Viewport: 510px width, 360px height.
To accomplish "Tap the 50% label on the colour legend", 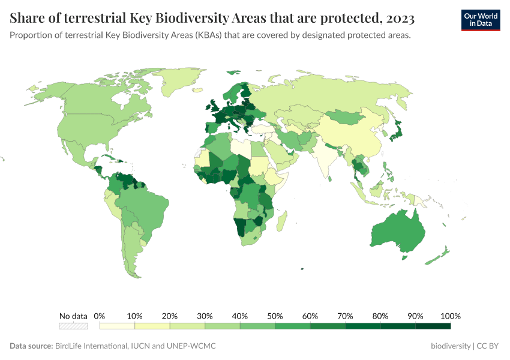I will [x=275, y=316].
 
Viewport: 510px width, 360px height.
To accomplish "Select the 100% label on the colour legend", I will [x=450, y=316].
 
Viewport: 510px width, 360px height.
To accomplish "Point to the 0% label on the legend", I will [x=100, y=316].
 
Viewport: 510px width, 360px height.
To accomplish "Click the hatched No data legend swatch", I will [x=73, y=326].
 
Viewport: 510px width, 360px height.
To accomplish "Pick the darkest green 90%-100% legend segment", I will [x=433, y=326].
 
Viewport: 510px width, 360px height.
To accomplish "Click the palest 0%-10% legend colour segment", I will [x=117, y=326].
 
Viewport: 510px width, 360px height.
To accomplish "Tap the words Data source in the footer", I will [x=31, y=346].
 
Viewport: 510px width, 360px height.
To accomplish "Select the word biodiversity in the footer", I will [x=451, y=346].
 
